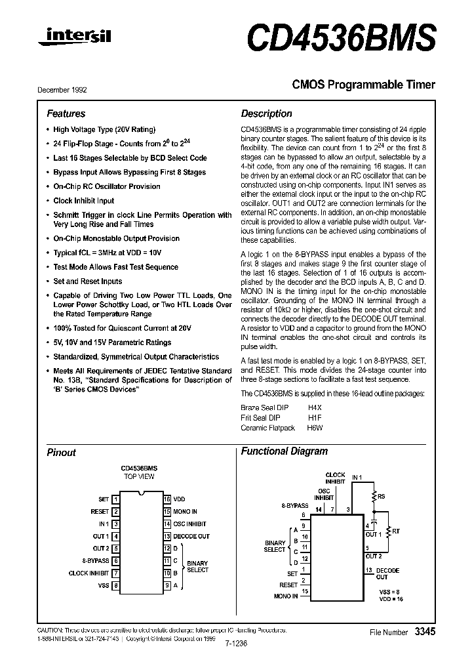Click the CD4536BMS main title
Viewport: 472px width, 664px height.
(x=341, y=37)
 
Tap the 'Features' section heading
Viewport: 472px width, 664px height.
(x=66, y=114)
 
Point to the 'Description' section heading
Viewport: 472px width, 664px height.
(x=266, y=114)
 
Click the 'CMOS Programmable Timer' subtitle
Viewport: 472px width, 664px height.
(x=363, y=85)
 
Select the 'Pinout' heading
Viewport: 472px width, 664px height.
(x=61, y=453)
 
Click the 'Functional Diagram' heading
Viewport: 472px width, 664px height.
(x=284, y=451)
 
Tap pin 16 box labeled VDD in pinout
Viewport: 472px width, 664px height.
(x=167, y=499)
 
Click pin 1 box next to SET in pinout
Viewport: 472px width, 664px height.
(x=116, y=499)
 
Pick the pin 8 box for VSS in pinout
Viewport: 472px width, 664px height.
(x=116, y=585)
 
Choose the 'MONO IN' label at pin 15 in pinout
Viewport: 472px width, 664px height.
(x=185, y=512)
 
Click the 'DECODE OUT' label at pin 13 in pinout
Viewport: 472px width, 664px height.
(x=191, y=536)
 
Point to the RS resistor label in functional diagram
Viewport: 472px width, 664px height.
(x=381, y=497)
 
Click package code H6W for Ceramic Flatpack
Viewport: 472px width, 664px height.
(x=315, y=427)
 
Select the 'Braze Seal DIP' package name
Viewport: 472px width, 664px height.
(x=261, y=407)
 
